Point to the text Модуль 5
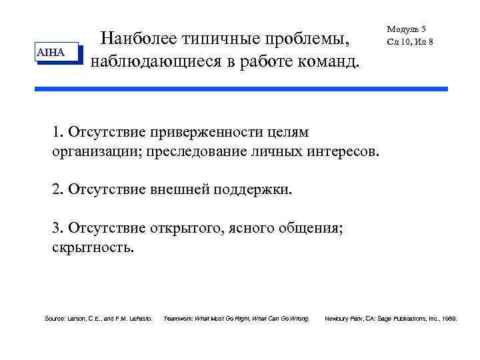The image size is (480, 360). pos(406,29)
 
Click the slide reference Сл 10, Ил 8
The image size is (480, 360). pos(409,41)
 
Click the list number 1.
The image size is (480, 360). pos(57,132)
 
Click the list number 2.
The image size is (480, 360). pos(57,189)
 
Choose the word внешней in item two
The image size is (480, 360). pos(181,189)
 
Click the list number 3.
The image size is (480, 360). pos(57,228)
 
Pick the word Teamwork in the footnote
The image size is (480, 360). pos(179,319)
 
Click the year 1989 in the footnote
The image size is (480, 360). pos(448,319)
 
